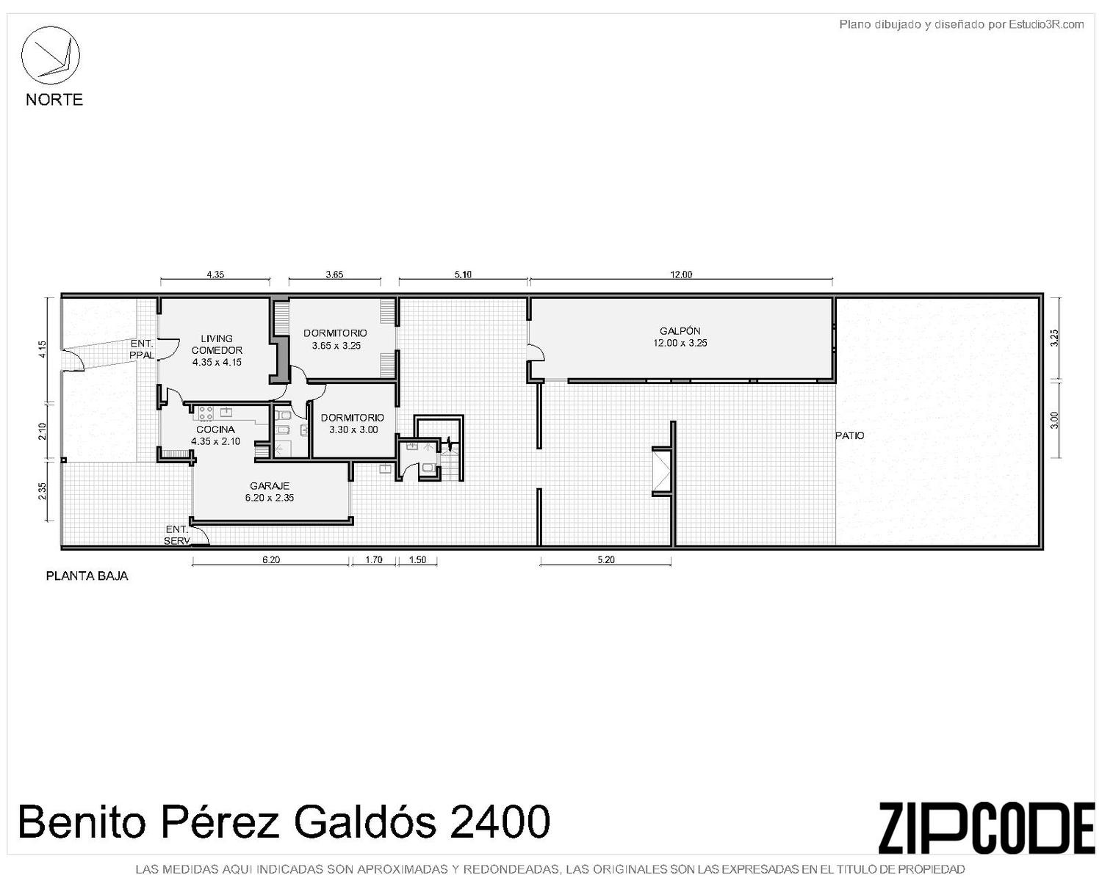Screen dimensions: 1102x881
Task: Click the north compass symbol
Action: (50, 55)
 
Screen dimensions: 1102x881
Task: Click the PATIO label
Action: (849, 435)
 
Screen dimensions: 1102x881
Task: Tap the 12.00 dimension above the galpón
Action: (681, 275)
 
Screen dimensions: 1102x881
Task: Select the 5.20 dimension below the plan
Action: (606, 559)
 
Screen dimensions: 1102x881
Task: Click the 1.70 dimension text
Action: (374, 559)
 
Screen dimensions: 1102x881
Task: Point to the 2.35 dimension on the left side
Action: (43, 491)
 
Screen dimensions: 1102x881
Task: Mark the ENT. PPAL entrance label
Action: (141, 349)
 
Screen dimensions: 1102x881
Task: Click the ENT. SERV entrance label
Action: (177, 535)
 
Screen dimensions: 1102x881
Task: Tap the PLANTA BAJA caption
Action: (87, 576)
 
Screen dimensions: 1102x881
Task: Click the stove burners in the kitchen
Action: (206, 413)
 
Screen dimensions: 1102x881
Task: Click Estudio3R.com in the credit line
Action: (1046, 24)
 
